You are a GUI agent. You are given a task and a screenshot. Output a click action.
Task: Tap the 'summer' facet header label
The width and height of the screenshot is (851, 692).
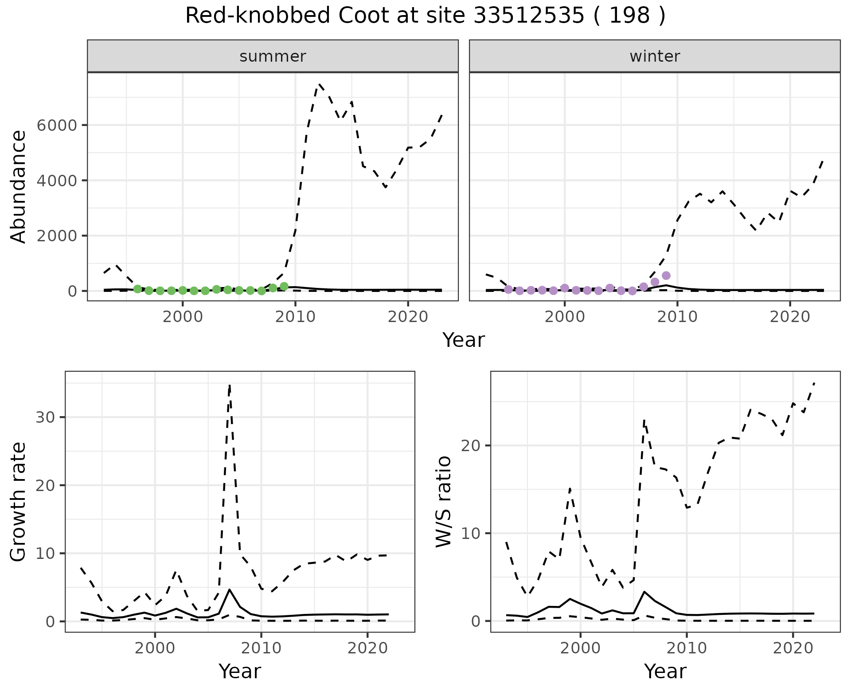(273, 56)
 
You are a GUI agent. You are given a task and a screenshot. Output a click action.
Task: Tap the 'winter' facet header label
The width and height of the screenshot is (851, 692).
(655, 56)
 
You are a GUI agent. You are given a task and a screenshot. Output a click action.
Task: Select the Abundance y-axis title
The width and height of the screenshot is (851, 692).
(19, 186)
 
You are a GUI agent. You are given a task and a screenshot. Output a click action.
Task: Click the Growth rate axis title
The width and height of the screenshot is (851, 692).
(19, 501)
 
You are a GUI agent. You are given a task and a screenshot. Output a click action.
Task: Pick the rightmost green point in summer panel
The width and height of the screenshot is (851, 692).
(284, 287)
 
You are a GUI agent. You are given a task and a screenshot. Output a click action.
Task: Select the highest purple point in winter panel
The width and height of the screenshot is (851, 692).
(666, 275)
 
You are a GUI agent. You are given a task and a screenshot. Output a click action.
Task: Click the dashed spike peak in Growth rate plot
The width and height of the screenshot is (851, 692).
(230, 385)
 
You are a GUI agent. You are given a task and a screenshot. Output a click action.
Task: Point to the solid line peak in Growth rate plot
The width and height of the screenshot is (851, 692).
(229, 590)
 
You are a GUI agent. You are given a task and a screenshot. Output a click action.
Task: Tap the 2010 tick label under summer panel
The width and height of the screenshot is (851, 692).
(295, 317)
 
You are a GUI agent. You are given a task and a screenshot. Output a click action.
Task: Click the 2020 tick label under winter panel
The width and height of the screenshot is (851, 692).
(790, 317)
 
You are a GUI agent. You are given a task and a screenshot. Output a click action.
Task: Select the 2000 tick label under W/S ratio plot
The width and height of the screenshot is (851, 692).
(580, 648)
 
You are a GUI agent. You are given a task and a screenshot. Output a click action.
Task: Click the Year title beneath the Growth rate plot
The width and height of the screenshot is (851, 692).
(240, 671)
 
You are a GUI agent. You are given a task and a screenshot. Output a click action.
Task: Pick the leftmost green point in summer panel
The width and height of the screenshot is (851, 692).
(137, 289)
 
